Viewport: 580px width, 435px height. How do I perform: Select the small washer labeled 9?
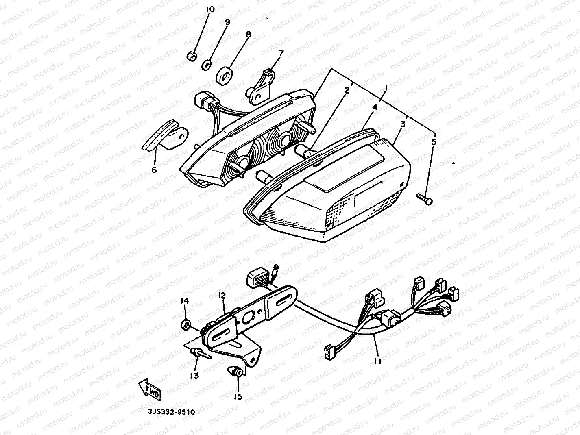tap(207, 64)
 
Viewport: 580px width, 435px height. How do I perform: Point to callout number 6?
tap(154, 170)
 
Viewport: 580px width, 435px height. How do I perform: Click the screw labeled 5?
tap(425, 199)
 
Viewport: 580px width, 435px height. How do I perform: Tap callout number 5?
tap(434, 142)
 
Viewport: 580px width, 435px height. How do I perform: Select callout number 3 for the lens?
tap(402, 124)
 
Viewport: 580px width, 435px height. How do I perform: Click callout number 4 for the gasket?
tap(375, 108)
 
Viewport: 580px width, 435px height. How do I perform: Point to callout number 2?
tap(347, 90)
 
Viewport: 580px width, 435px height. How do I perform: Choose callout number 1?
tap(386, 87)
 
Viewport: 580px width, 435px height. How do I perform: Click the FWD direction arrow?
tap(150, 388)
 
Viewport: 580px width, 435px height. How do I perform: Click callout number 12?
tap(221, 296)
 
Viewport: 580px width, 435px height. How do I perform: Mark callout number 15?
tap(238, 396)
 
